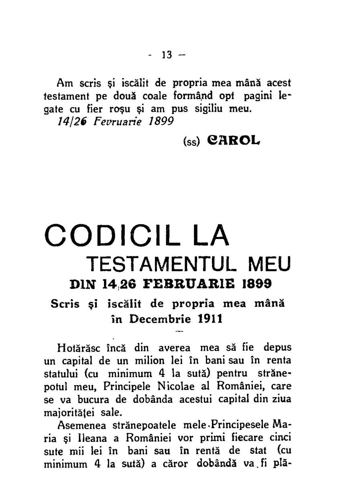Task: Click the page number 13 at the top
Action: tap(166, 55)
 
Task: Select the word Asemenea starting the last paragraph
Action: tap(84, 426)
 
